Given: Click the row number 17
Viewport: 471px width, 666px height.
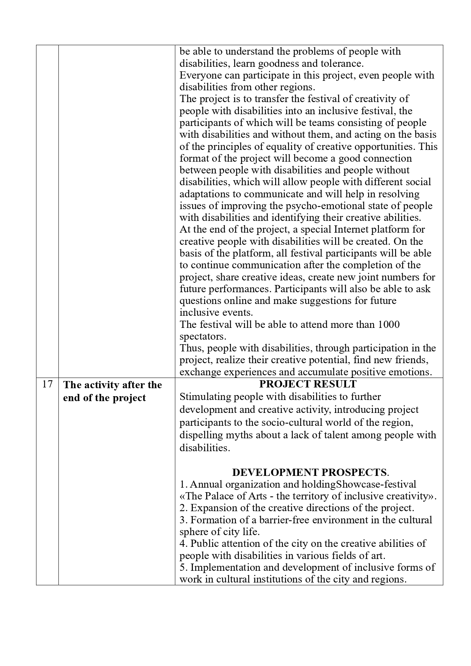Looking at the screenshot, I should click(x=47, y=384).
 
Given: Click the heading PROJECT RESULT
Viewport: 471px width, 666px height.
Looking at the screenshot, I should click(x=308, y=384).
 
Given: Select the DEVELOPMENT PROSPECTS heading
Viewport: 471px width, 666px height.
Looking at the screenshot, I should click(x=309, y=472).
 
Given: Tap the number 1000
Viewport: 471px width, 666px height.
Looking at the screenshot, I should click(x=389, y=324).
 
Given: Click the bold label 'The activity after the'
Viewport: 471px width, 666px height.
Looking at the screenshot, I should click(x=112, y=385).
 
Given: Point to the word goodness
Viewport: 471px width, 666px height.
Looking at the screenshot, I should click(x=274, y=63).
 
